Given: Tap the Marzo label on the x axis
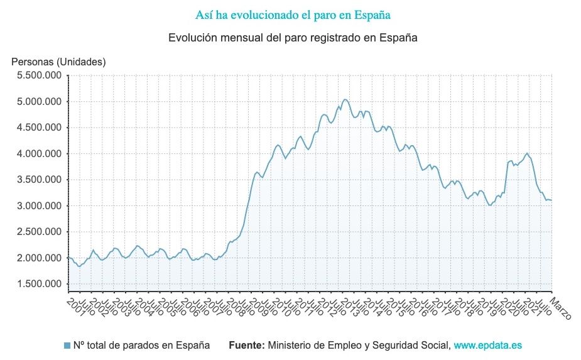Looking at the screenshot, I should (x=561, y=308).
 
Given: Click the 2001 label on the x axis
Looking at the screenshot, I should (x=75, y=305).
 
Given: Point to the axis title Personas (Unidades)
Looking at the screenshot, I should (x=59, y=62).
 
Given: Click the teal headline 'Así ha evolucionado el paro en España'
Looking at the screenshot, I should (x=293, y=14).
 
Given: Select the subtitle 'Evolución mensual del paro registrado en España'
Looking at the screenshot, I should (x=293, y=38).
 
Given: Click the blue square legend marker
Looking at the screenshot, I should (x=67, y=345).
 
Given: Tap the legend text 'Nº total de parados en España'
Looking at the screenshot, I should (x=141, y=345).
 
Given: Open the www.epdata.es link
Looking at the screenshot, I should (x=488, y=345).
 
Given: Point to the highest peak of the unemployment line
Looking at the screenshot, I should (x=344, y=99).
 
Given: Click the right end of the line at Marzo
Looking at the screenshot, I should (x=551, y=200).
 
